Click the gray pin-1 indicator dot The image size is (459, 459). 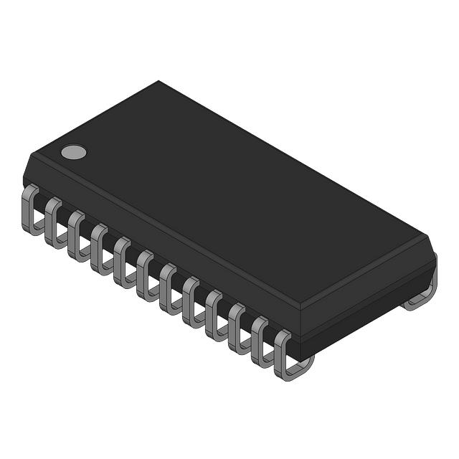(72, 151)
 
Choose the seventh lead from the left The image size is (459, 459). (169, 289)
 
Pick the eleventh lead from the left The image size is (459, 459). (260, 342)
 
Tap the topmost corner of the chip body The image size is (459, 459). (158, 81)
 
